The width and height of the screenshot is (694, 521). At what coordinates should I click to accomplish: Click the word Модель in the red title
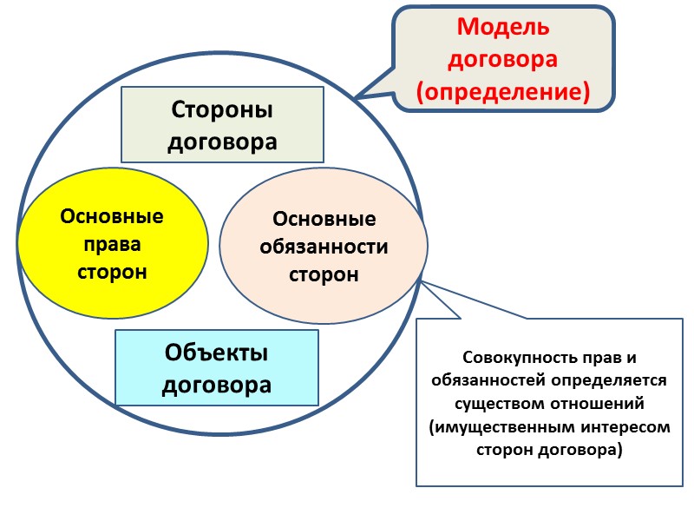tap(504, 27)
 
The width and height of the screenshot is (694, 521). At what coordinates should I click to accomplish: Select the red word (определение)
tap(504, 90)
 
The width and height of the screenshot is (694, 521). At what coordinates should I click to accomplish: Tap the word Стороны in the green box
tap(222, 110)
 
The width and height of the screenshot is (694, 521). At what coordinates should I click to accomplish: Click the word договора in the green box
tap(222, 141)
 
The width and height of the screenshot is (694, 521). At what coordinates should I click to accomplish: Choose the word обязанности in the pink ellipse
tap(324, 247)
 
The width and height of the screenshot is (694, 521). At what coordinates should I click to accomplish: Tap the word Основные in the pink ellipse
tap(324, 220)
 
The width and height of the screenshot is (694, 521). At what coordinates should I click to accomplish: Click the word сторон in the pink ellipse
tap(324, 275)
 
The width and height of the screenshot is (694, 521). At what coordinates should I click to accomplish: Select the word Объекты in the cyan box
tap(217, 353)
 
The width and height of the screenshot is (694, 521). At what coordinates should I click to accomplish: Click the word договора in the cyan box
tap(217, 384)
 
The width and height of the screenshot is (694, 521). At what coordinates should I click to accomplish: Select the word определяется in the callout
tap(592, 381)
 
